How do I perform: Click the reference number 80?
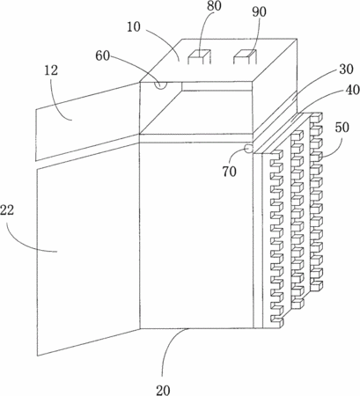click(x=214, y=6)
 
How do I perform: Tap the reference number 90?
click(x=260, y=12)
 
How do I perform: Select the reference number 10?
click(x=134, y=27)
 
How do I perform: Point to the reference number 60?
click(x=102, y=55)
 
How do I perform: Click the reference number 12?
click(x=51, y=70)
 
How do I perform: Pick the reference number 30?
click(x=346, y=70)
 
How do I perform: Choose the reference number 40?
click(x=353, y=90)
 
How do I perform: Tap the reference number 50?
click(x=342, y=128)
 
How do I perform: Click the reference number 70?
click(x=229, y=172)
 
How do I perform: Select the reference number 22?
click(x=7, y=210)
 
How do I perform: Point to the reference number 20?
click(x=163, y=390)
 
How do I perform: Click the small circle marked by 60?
click(x=161, y=84)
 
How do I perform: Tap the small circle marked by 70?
click(x=249, y=149)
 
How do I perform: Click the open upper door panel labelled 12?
click(x=87, y=121)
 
